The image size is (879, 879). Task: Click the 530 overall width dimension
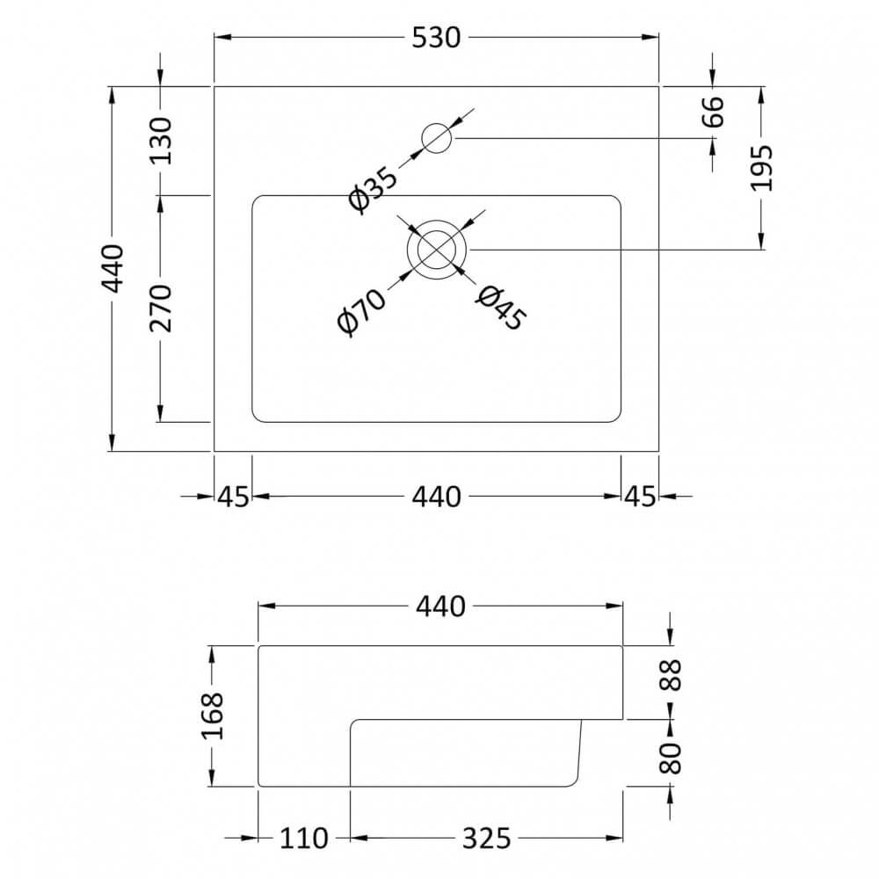437,38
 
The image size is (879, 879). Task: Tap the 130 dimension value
161,141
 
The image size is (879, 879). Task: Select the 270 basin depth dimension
161,309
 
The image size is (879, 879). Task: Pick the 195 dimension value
762,167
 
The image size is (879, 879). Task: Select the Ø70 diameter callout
361,311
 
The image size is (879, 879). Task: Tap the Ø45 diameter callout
499,309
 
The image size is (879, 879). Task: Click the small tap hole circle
437,138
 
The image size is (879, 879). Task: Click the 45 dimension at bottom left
233,497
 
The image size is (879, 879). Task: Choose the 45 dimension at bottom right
641,497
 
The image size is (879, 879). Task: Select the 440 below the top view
437,497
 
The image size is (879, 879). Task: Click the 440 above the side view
439,607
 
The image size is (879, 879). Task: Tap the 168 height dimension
214,716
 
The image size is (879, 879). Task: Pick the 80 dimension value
672,757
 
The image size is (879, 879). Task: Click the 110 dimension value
304,838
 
